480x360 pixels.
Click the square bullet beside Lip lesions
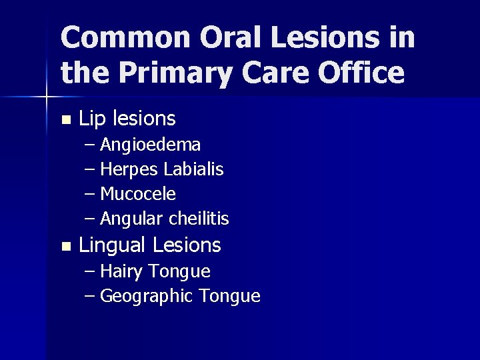click(65, 121)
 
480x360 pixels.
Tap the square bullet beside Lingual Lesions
click(65, 247)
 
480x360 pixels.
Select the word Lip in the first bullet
click(93, 119)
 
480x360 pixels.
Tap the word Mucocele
click(138, 194)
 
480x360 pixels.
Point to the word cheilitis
click(199, 218)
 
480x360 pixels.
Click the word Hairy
click(122, 272)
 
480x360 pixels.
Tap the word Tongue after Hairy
click(180, 272)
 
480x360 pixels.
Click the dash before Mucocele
click(91, 194)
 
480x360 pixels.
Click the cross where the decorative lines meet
click(47, 97)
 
